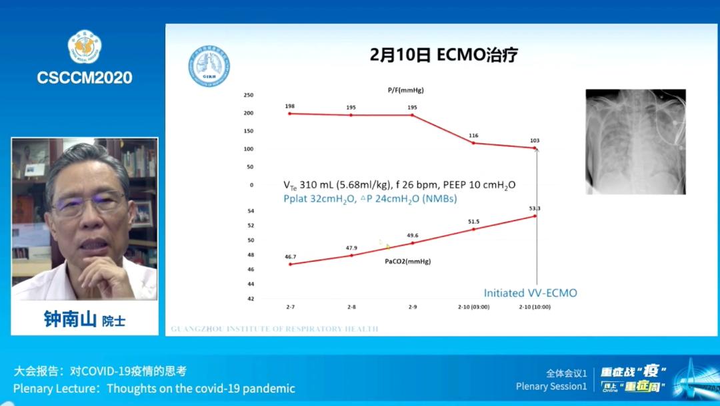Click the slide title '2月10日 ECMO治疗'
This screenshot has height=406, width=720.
point(444,55)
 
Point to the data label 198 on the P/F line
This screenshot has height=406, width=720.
point(289,106)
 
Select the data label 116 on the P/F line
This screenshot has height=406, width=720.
point(473,136)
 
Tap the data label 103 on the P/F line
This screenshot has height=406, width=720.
point(535,140)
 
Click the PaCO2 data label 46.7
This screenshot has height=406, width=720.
point(290,256)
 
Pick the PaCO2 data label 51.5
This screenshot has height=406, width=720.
point(473,222)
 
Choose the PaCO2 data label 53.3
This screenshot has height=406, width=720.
point(535,208)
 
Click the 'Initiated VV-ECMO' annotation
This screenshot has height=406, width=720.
point(530,292)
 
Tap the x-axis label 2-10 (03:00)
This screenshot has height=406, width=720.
point(473,307)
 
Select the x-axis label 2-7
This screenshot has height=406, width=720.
point(290,307)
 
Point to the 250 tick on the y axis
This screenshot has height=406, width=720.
point(248,95)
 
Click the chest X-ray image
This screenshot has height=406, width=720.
point(635,142)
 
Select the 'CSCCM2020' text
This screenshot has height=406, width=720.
point(85,77)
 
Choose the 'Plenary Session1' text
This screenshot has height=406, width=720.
point(551,386)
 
